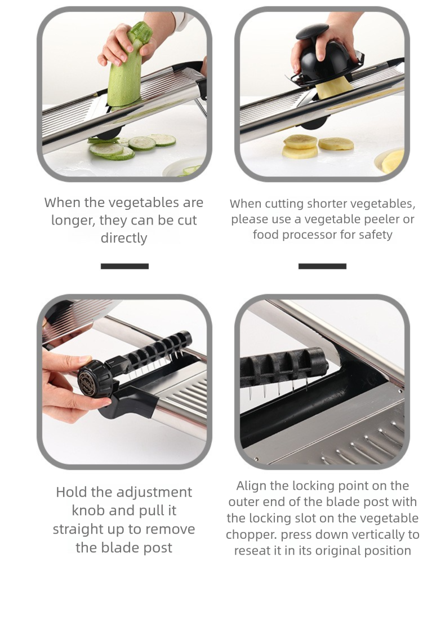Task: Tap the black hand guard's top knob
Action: click(311, 32)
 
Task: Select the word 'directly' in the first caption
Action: click(124, 238)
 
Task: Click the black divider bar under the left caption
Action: click(124, 266)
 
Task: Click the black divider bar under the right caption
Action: click(322, 266)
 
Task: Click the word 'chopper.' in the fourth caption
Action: click(251, 534)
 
